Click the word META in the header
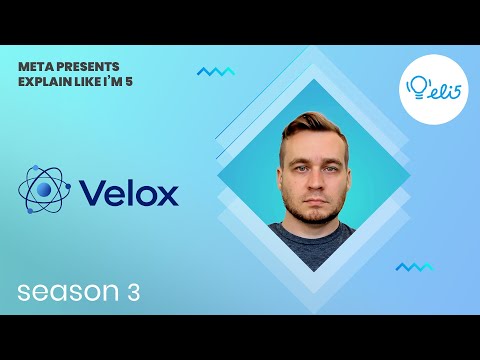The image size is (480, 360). click(x=35, y=63)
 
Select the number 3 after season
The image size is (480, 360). click(x=132, y=292)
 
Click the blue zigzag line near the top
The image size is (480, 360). click(x=215, y=72)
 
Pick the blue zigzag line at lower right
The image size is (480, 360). click(x=414, y=267)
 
